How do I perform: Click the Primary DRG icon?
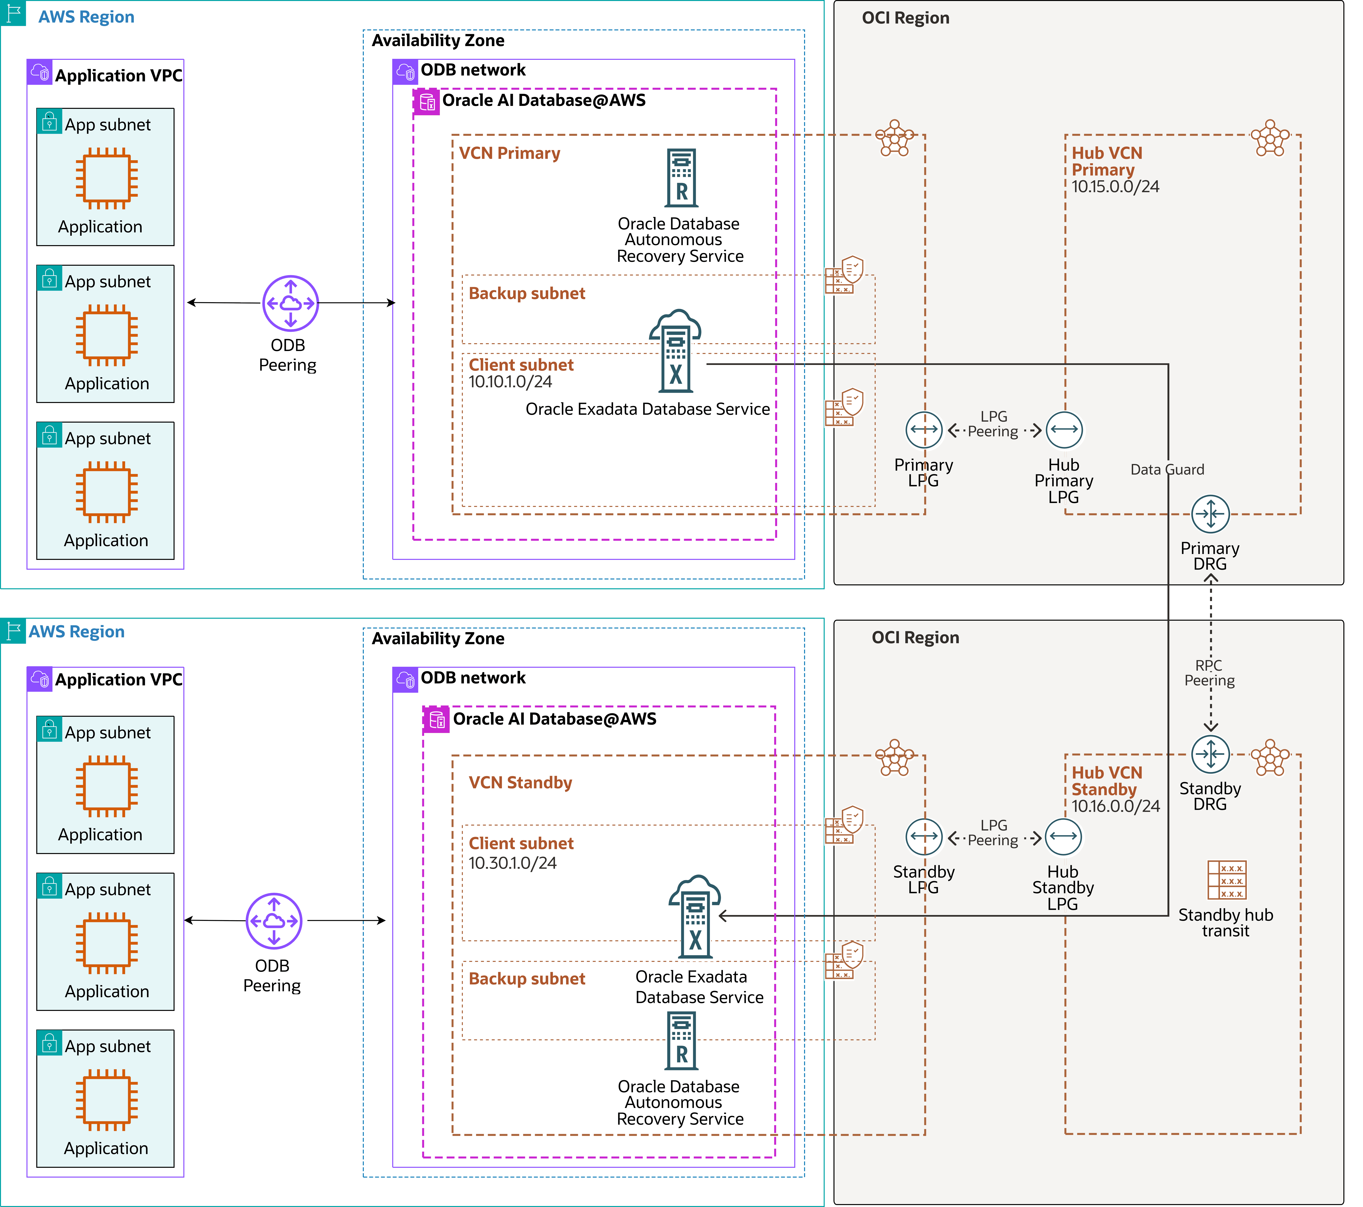tap(1210, 514)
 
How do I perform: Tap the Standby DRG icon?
tap(1210, 754)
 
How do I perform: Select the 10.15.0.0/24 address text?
tap(1115, 187)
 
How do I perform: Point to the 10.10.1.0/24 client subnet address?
tap(510, 382)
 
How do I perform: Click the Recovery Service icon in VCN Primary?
tap(681, 178)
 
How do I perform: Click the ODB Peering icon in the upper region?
tap(290, 303)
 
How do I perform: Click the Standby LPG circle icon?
tap(924, 836)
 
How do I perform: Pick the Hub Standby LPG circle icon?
tap(1063, 836)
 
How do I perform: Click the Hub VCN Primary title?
tap(1107, 161)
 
